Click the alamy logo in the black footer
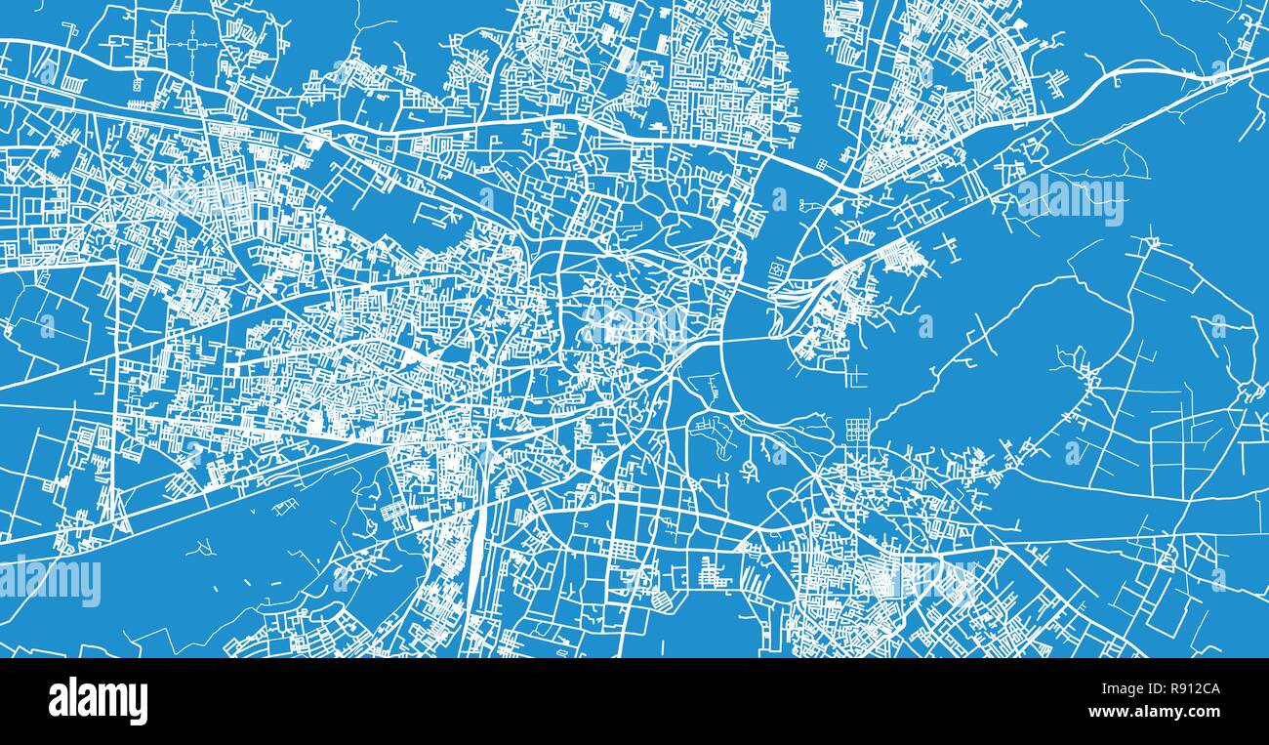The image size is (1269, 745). (98, 701)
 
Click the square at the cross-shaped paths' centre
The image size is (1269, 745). (192, 44)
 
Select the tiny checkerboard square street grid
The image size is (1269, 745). (856, 431)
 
